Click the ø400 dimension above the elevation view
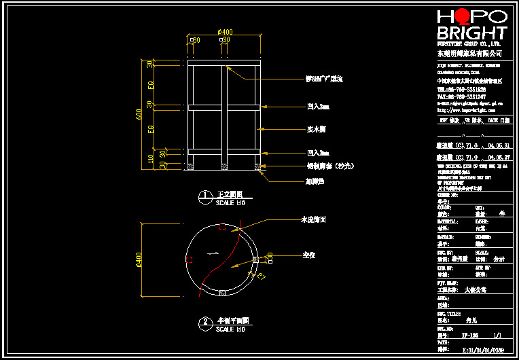(x=225, y=32)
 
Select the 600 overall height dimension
(x=140, y=115)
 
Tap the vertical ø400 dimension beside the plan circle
(x=140, y=259)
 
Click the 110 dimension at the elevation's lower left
(x=151, y=158)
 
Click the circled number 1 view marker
(x=204, y=197)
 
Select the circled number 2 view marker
(x=204, y=322)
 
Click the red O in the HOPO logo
(x=461, y=16)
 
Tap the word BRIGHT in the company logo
(x=471, y=33)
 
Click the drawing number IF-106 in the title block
(x=469, y=335)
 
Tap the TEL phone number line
(x=461, y=89)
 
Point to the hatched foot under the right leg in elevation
(x=258, y=166)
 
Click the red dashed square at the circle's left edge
(x=190, y=259)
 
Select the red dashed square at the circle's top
(x=223, y=228)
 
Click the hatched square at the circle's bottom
(x=223, y=293)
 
